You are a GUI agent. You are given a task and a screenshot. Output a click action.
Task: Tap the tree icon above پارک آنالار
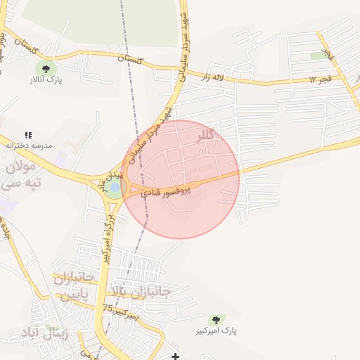[46, 69]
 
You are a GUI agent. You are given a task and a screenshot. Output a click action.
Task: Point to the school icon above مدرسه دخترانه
[28, 134]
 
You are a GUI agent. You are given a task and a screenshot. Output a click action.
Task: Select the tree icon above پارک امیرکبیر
[216, 319]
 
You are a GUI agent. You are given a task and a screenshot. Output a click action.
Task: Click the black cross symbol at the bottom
[175, 356]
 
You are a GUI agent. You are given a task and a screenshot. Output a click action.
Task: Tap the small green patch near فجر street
[319, 55]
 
